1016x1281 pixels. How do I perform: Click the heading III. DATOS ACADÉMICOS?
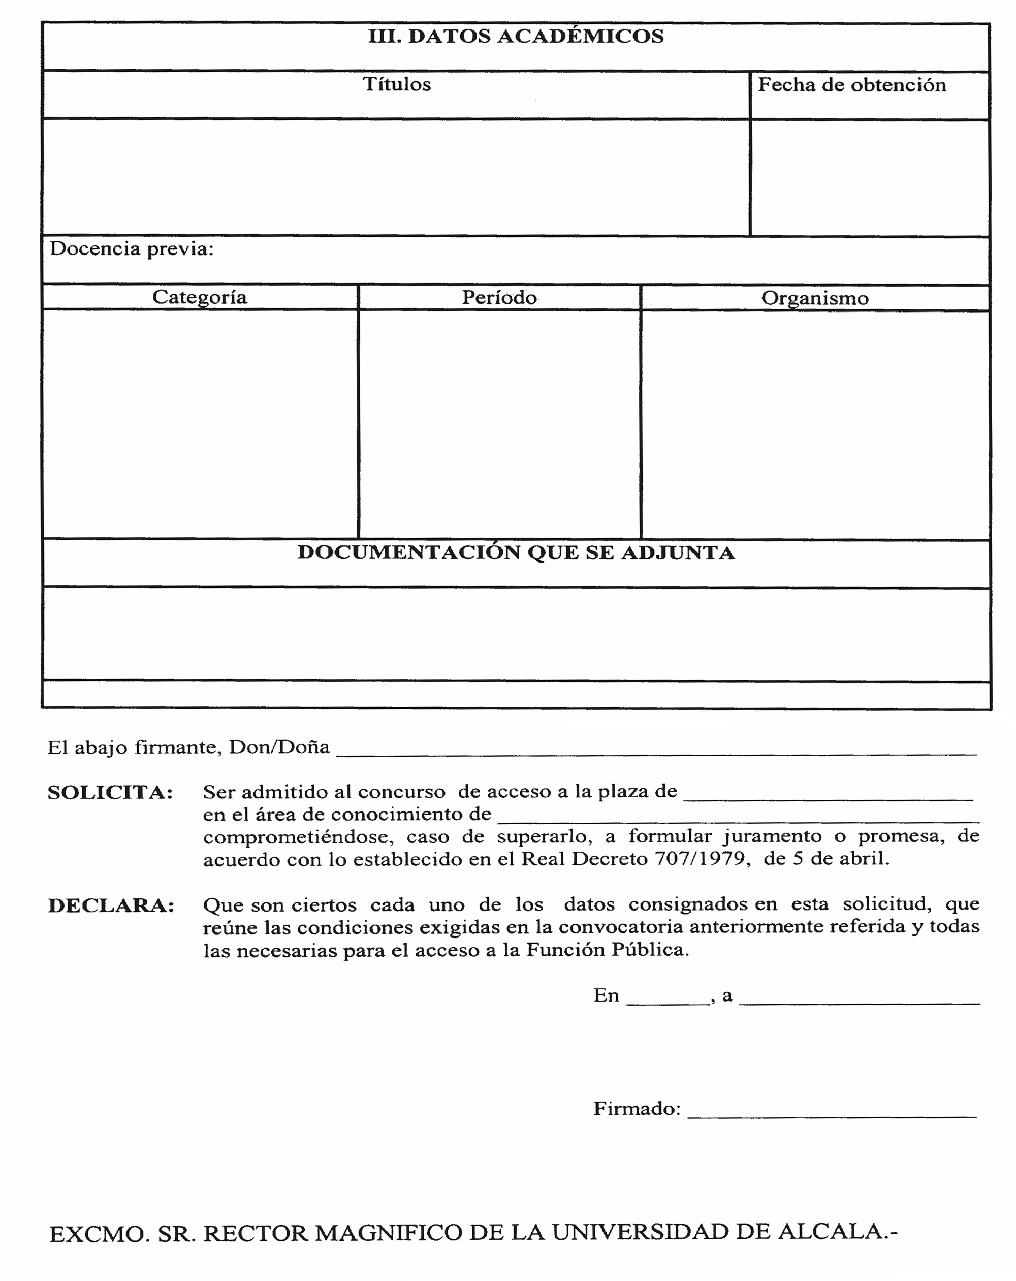pyautogui.click(x=515, y=37)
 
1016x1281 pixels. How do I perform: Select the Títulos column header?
pyautogui.click(x=396, y=84)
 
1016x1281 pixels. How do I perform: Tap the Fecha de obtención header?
pyautogui.click(x=851, y=85)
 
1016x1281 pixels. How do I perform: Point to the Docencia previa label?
pyautogui.click(x=131, y=249)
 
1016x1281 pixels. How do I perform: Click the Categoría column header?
pyautogui.click(x=199, y=297)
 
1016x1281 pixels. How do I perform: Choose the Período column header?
pyautogui.click(x=499, y=298)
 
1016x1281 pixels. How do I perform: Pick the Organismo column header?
pyautogui.click(x=815, y=298)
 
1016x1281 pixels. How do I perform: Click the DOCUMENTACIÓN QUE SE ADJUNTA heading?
pyautogui.click(x=515, y=552)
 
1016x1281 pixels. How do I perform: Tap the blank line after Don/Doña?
pyautogui.click(x=655, y=751)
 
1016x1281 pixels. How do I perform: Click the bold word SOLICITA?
pyautogui.click(x=110, y=792)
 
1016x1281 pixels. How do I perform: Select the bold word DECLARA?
pyautogui.click(x=111, y=905)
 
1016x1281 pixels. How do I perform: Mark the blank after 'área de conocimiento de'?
pyautogui.click(x=737, y=818)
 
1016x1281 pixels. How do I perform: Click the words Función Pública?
pyautogui.click(x=607, y=950)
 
